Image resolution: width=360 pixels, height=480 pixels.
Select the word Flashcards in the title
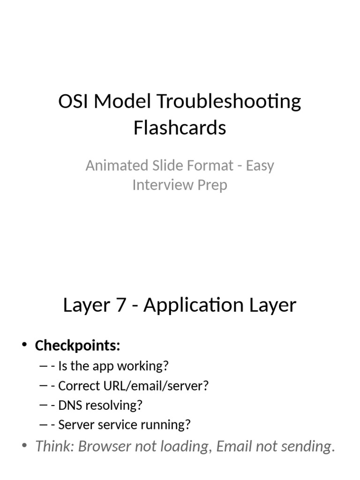pos(180,127)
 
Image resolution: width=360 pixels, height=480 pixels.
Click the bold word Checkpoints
pos(77,346)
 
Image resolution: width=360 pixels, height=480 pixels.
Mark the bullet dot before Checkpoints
pos(24,346)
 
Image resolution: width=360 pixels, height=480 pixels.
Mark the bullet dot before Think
pos(24,446)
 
